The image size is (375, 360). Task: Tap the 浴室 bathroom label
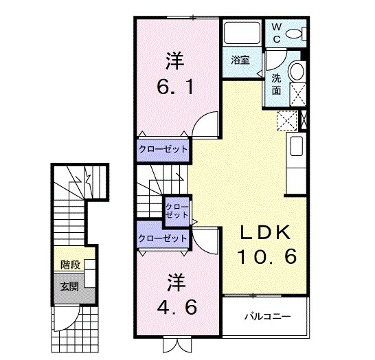(240, 60)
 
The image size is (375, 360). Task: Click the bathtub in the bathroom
(242, 34)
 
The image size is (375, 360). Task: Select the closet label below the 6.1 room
(163, 149)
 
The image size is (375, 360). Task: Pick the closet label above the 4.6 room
(163, 238)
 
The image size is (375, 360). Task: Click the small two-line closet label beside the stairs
(177, 210)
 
